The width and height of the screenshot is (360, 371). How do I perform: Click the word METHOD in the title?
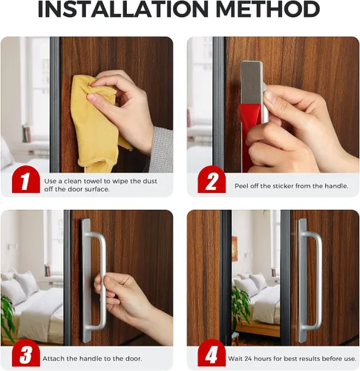(x=269, y=10)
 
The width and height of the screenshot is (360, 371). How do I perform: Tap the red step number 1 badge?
(x=26, y=180)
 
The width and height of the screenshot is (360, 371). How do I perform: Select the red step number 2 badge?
(x=212, y=180)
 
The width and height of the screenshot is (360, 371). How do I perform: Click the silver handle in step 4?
(x=309, y=280)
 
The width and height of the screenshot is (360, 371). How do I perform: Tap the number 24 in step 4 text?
(x=249, y=358)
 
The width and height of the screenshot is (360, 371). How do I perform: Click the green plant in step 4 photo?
(x=240, y=306)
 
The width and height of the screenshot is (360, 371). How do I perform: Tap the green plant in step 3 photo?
(x=7, y=318)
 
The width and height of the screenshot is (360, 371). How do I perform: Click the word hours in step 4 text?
(x=264, y=358)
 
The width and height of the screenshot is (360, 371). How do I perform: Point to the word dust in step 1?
(x=150, y=181)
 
